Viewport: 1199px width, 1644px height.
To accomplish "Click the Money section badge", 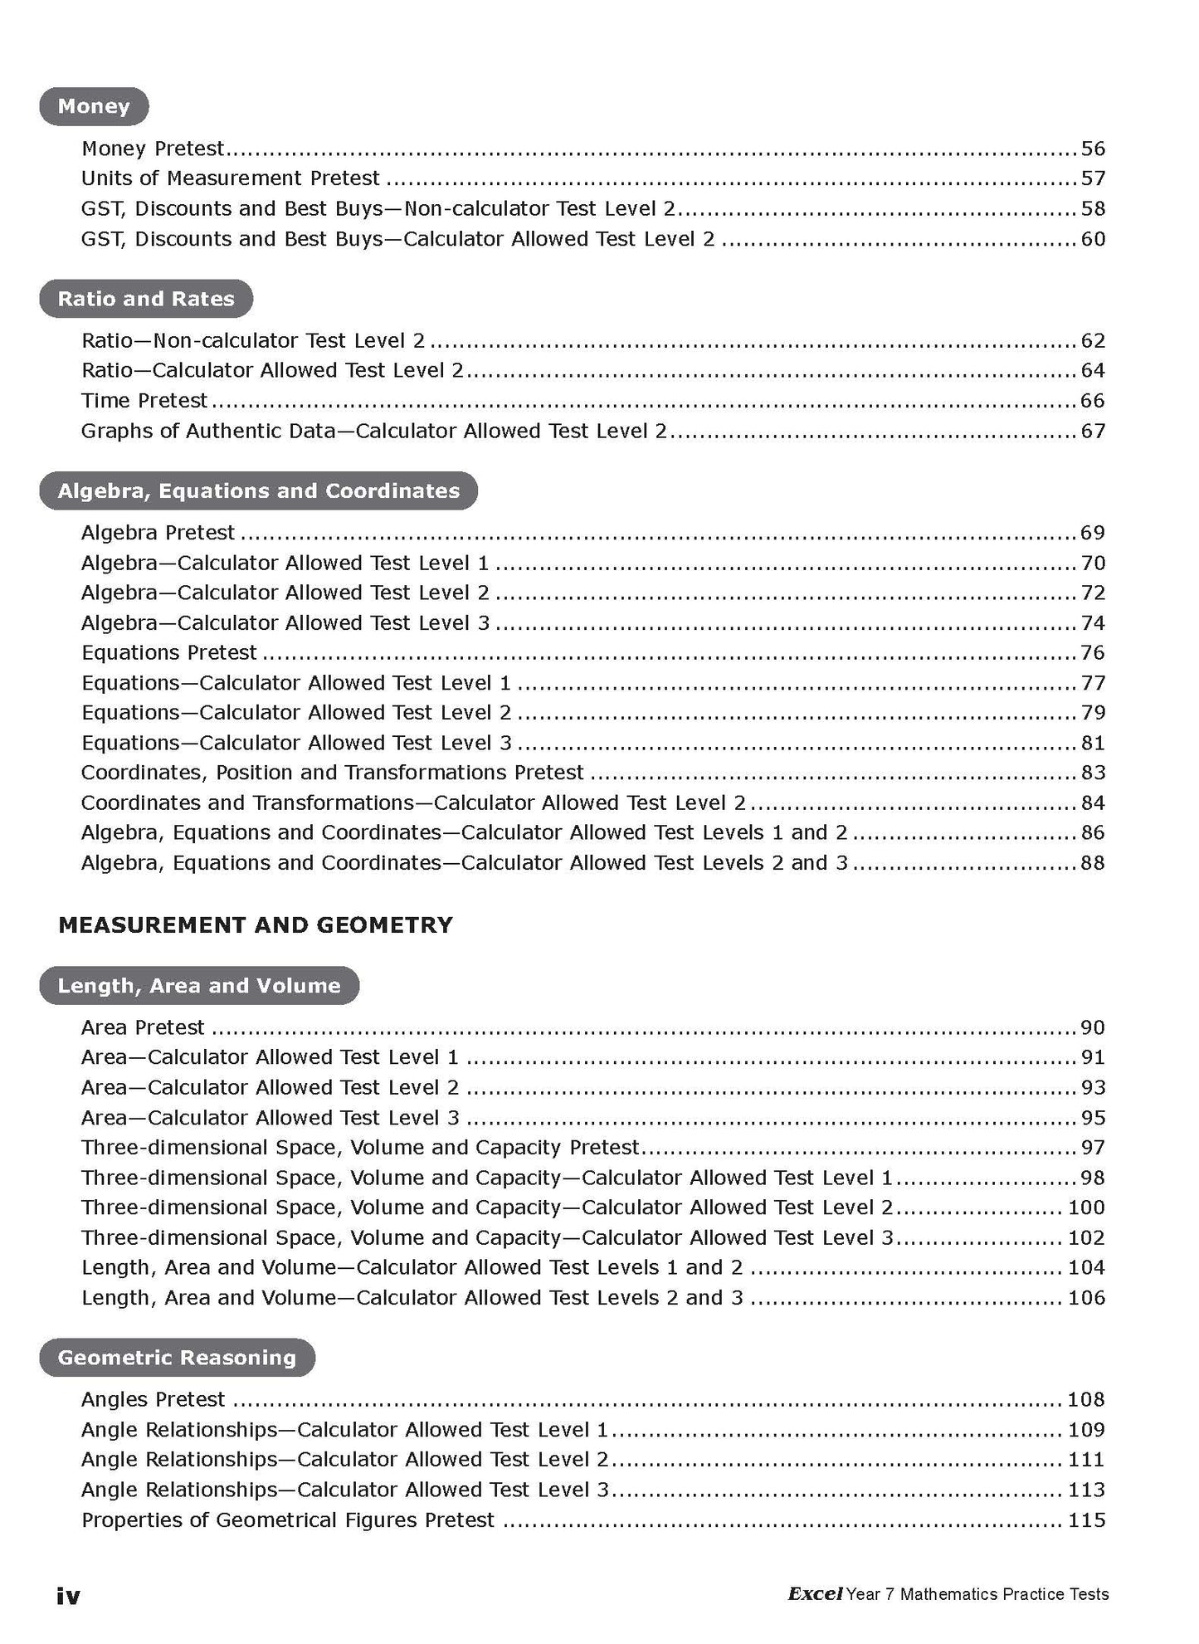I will (x=94, y=106).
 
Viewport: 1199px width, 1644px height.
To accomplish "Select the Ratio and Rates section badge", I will (x=146, y=299).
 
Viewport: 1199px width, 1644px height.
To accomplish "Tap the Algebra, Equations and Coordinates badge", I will (x=258, y=491).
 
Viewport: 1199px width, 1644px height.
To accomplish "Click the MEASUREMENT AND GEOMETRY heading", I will (x=256, y=924).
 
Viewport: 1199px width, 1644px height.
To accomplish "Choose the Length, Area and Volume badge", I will (x=199, y=986).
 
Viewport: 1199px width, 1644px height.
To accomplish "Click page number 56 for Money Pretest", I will (x=1093, y=149).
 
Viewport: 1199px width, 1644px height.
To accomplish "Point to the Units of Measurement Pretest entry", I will (x=230, y=178).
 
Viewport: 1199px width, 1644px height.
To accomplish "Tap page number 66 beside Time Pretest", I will (x=1093, y=401).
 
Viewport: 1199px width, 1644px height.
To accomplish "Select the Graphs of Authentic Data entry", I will (x=373, y=431).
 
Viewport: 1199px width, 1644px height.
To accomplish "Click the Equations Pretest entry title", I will (x=169, y=653).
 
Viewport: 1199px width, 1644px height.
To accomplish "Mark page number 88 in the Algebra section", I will (x=1093, y=863).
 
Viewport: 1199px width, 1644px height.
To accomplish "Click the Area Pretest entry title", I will (x=143, y=1027).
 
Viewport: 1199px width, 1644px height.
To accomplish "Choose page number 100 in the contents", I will (x=1086, y=1207).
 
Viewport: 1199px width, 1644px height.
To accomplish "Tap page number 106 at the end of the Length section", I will (x=1086, y=1298).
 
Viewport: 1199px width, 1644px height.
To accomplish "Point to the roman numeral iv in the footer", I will (x=68, y=1596).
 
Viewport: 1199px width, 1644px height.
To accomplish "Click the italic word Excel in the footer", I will (x=815, y=1594).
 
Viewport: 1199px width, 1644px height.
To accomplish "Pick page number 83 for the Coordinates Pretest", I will (x=1093, y=773).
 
